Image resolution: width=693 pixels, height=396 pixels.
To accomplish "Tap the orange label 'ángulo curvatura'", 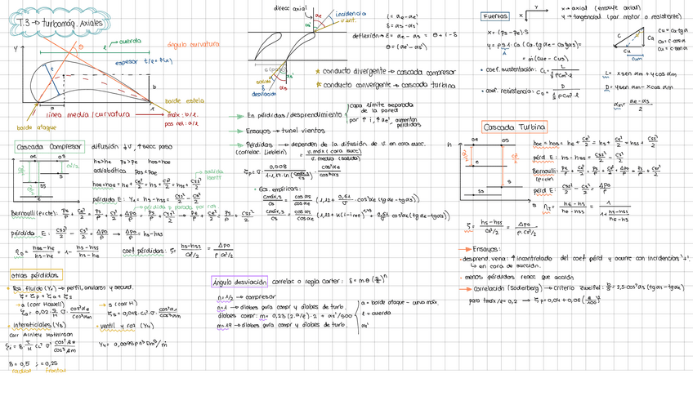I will tap(194, 44).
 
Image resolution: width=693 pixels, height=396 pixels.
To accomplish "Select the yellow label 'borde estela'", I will tap(185, 100).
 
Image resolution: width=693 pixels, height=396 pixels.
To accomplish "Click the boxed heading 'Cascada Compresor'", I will tap(50, 146).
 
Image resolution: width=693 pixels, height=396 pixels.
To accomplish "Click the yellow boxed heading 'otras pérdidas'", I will tap(29, 274).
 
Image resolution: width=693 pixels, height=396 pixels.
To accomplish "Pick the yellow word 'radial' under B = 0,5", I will tap(19, 370).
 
